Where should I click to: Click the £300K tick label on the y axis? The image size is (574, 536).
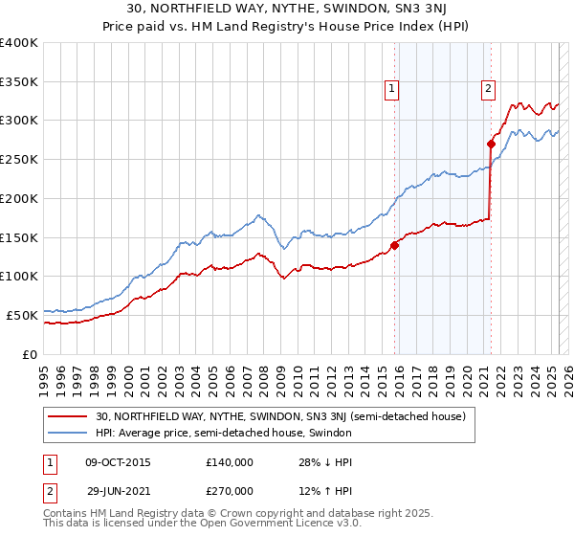19,121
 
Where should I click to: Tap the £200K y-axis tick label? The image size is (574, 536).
19,198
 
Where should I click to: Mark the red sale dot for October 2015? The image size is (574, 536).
394,245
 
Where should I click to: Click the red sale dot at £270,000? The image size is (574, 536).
491,145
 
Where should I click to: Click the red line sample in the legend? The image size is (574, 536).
69,416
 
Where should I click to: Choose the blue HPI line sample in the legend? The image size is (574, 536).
69,433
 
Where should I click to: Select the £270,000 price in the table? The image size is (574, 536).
229,490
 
